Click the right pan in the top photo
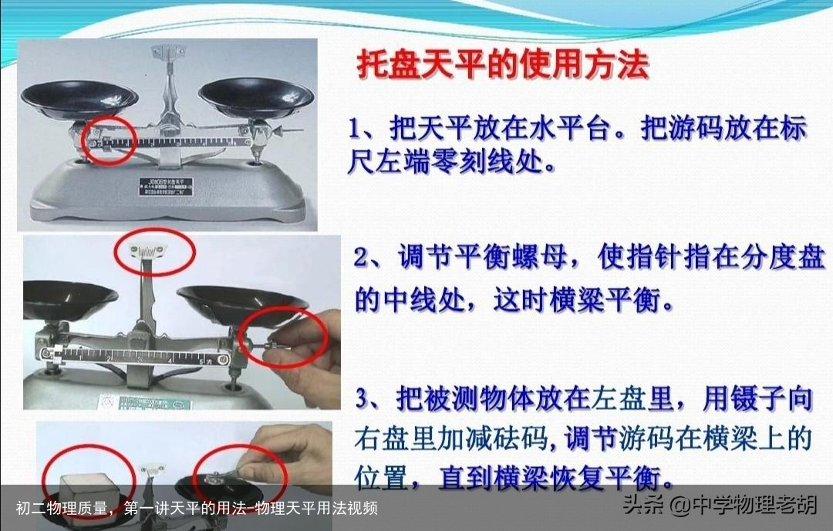tap(256, 93)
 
